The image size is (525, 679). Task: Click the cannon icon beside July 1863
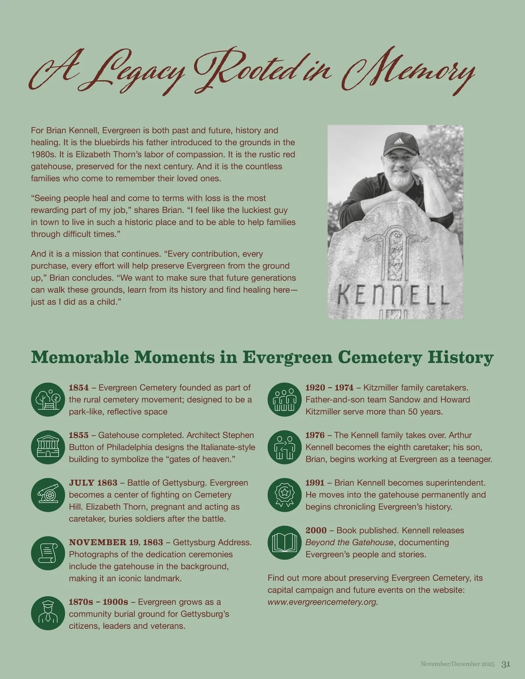48,494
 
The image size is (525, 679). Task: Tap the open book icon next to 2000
285,543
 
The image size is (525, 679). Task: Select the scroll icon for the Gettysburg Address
48,554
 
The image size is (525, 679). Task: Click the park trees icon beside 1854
48,399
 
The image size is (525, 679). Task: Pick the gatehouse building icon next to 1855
48,447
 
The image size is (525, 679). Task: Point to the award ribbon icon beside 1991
285,494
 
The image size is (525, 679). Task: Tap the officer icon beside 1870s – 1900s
48,614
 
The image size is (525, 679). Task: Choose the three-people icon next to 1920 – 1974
285,399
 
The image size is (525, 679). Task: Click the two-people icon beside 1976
285,447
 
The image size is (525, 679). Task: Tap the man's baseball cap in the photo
399,143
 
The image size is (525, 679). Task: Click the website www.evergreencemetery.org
322,602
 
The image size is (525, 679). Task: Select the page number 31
506,664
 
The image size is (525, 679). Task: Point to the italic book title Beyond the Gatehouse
349,543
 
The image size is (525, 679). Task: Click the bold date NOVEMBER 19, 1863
116,543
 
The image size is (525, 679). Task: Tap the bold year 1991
315,483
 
